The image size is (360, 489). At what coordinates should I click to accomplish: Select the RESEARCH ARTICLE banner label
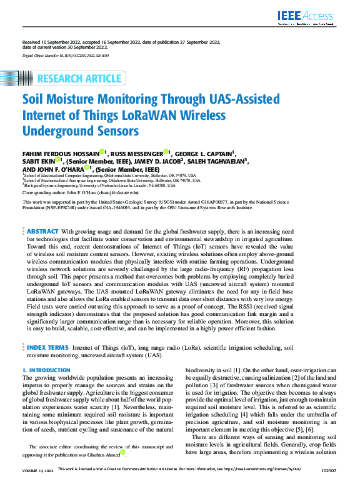click(x=79, y=79)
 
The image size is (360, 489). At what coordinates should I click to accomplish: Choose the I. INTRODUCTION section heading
click(x=46, y=370)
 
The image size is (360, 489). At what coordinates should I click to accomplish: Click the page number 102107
click(x=329, y=485)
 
